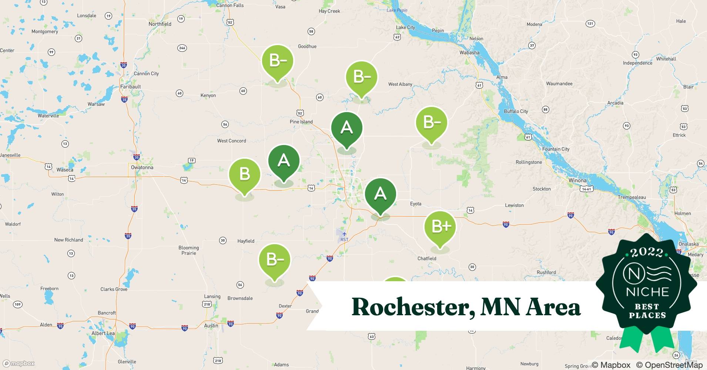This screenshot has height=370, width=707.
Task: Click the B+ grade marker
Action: tap(440, 227)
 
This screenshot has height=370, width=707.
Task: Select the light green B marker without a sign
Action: tap(245, 174)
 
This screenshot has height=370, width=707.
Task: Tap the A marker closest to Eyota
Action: tap(381, 194)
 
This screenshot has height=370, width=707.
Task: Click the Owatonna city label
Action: tap(142, 167)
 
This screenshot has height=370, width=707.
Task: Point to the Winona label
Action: tap(577, 181)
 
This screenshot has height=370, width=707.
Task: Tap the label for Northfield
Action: tap(160, 24)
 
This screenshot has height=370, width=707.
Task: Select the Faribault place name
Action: tap(130, 87)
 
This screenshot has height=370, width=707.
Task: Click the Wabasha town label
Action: tap(469, 53)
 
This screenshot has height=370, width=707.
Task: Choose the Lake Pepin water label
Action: tap(397, 10)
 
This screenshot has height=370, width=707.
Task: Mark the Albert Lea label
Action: tap(103, 333)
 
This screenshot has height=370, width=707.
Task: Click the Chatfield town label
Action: tap(427, 259)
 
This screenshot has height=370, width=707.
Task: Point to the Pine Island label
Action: tap(301, 122)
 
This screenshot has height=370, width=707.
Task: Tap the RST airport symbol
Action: tap(344, 234)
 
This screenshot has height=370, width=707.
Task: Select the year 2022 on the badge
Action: tap(647, 252)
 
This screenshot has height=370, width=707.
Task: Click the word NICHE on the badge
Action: tap(647, 292)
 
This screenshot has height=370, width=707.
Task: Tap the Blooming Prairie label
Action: tap(189, 250)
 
